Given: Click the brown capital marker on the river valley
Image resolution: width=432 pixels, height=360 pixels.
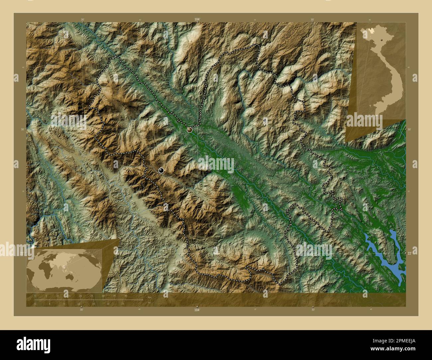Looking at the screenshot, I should [x=190, y=130].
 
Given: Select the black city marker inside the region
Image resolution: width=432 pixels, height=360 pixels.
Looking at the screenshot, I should [x=161, y=170].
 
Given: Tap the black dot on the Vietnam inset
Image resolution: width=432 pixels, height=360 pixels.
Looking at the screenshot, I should [x=382, y=39].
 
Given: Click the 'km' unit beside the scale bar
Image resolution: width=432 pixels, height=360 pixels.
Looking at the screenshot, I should [x=150, y=297].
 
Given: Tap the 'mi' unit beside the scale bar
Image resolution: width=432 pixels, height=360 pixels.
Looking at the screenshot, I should [x=149, y=303].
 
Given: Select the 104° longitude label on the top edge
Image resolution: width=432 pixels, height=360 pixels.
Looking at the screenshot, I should [x=197, y=20].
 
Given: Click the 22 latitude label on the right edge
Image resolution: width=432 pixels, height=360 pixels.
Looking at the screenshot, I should [x=409, y=253].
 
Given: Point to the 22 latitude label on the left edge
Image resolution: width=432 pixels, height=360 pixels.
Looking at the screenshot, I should [x=22, y=253].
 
